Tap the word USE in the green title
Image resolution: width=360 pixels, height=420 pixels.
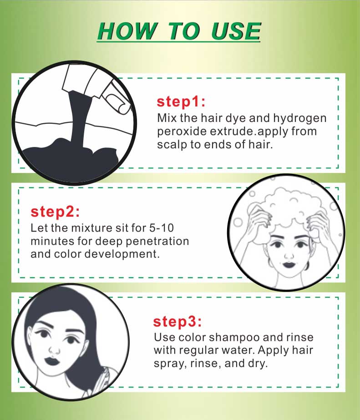(236, 31)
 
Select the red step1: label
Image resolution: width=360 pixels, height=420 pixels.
(181, 102)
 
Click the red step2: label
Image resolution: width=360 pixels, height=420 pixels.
(55, 212)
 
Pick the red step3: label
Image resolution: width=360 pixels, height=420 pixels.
(177, 321)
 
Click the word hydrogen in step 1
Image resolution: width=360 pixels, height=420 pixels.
(300, 118)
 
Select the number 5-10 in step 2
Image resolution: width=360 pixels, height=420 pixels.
(162, 228)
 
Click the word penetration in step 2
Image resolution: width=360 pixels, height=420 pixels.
(157, 241)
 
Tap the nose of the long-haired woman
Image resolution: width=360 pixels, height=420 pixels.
(55, 349)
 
